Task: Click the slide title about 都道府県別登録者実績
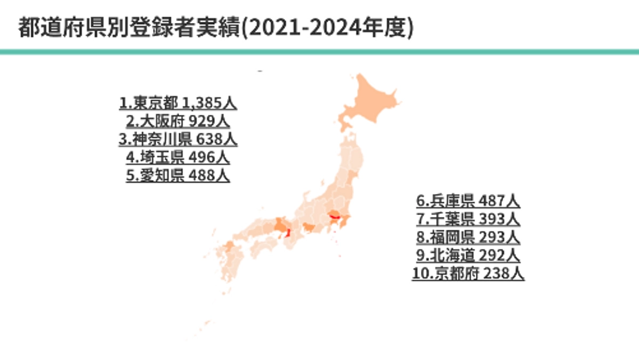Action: pos(215,28)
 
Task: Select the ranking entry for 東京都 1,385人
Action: pos(178,102)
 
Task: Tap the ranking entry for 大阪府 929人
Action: pos(178,121)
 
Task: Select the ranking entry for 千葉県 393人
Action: pos(468,219)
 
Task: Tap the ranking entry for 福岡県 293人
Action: pos(468,237)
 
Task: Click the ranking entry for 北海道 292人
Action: pos(468,255)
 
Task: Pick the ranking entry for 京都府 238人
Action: pos(468,273)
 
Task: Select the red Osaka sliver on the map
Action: pos(288,233)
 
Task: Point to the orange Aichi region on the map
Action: pos(308,229)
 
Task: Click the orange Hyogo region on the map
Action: pos(279,226)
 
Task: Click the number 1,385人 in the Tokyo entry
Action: pos(209,102)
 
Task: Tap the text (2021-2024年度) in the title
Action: pos(327,28)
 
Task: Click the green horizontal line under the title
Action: pos(319,52)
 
